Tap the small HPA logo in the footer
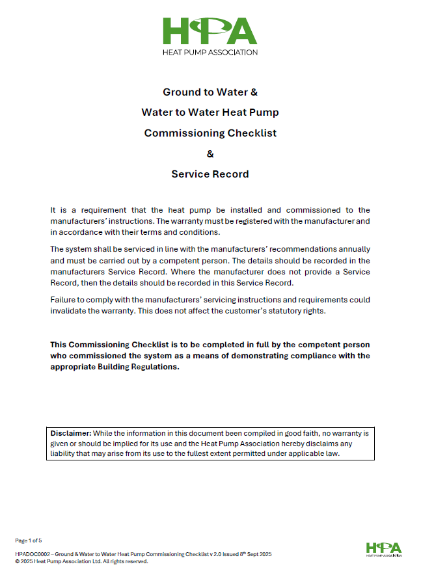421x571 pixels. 383,548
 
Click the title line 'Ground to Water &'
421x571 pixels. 210,92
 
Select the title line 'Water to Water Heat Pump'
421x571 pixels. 210,113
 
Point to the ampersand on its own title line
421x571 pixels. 210,154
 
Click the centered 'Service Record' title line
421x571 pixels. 210,174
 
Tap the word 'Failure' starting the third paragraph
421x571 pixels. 63,300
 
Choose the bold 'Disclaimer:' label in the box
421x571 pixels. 71,432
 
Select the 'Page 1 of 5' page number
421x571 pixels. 29,540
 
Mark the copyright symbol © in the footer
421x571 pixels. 17,561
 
